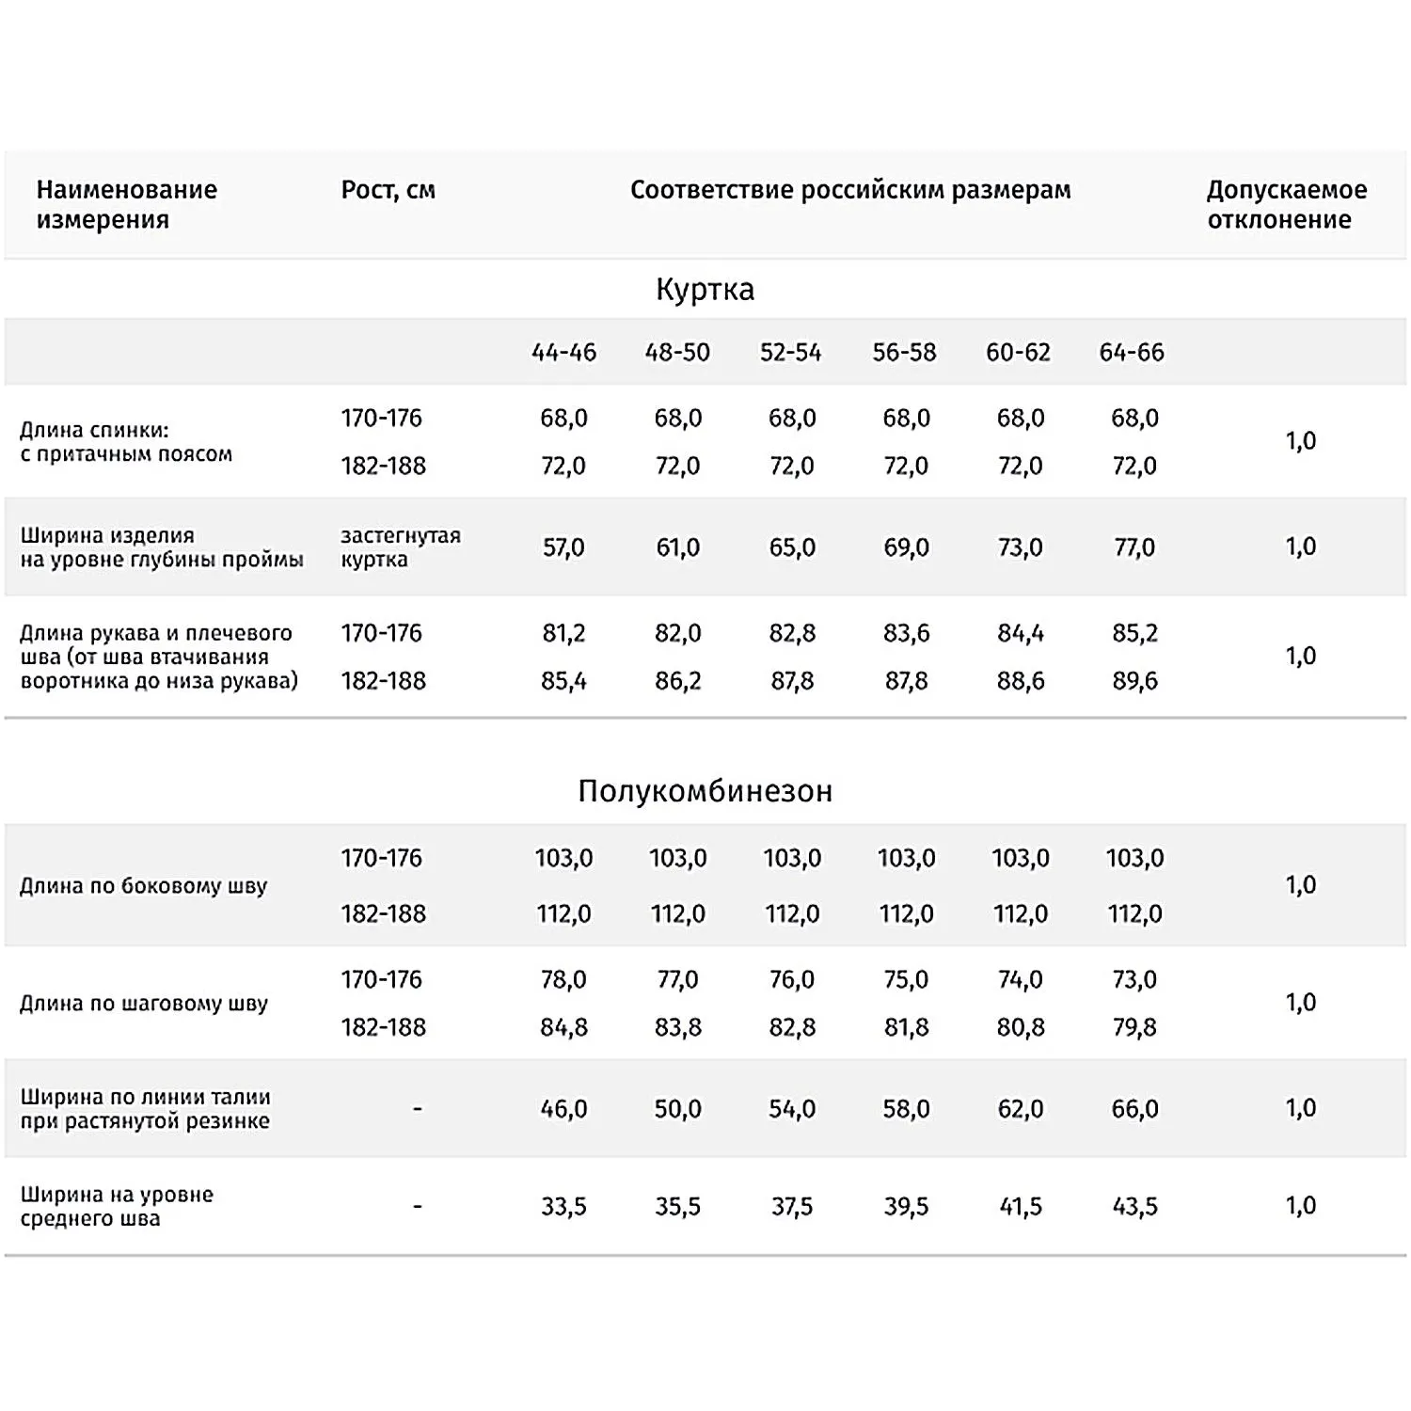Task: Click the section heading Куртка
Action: click(705, 289)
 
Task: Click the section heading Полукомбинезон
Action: click(705, 791)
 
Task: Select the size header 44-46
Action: click(563, 353)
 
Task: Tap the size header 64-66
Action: click(1132, 353)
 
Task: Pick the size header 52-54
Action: click(790, 353)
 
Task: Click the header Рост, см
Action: click(388, 190)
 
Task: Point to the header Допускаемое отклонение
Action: click(1286, 204)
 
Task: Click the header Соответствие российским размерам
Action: click(850, 190)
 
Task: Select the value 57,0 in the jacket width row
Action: click(563, 547)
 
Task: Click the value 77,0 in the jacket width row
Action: click(1134, 547)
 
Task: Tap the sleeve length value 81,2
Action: click(563, 633)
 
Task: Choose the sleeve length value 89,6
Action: click(1134, 681)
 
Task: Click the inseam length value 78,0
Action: click(563, 980)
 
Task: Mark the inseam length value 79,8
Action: click(1134, 1027)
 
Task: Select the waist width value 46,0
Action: click(563, 1109)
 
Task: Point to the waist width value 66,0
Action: click(1134, 1109)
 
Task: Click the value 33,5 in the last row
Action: click(563, 1207)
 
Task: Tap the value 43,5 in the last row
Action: click(1134, 1207)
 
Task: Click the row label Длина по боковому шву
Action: click(144, 886)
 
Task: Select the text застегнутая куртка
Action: click(400, 547)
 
